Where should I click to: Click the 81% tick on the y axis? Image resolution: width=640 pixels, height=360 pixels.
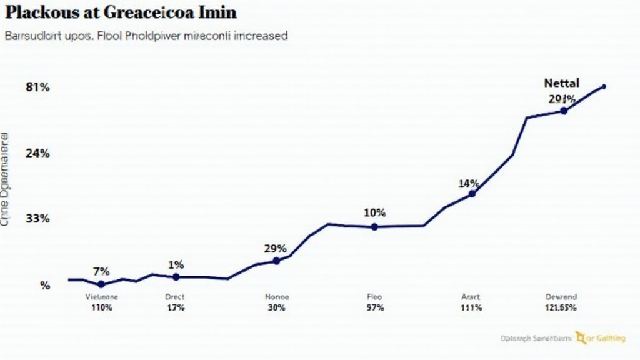pyautogui.click(x=37, y=87)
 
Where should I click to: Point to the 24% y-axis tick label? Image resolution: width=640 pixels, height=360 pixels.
pyautogui.click(x=37, y=153)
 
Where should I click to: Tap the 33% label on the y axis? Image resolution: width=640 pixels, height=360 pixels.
pyautogui.click(x=37, y=219)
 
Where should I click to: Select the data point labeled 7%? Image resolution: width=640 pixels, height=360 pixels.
pyautogui.click(x=101, y=284)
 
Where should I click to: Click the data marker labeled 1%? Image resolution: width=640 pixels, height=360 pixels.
pyautogui.click(x=176, y=277)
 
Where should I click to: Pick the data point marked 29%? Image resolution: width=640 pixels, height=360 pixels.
pyautogui.click(x=277, y=261)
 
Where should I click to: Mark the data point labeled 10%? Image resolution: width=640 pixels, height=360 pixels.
pyautogui.click(x=374, y=227)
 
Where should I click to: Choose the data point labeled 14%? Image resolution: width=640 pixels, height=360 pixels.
pyautogui.click(x=472, y=194)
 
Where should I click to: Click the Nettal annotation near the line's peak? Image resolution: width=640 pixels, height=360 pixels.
pyautogui.click(x=561, y=82)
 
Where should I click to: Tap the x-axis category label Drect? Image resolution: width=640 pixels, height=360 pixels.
pyautogui.click(x=175, y=297)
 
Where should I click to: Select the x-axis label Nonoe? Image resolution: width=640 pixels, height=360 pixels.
pyautogui.click(x=277, y=297)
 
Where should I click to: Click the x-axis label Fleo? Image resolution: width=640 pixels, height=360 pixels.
pyautogui.click(x=374, y=297)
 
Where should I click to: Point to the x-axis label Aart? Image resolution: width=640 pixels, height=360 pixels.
pyautogui.click(x=471, y=297)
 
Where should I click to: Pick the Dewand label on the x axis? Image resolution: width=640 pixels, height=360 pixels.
pyautogui.click(x=561, y=297)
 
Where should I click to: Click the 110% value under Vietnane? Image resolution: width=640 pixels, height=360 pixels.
pyautogui.click(x=101, y=308)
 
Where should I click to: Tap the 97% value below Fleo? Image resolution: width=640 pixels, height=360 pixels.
pyautogui.click(x=374, y=308)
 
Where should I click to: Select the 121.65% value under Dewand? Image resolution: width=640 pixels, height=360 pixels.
pyautogui.click(x=561, y=308)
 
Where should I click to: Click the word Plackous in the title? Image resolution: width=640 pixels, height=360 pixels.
pyautogui.click(x=42, y=12)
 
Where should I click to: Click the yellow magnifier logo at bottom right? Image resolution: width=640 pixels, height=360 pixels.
pyautogui.click(x=581, y=337)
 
